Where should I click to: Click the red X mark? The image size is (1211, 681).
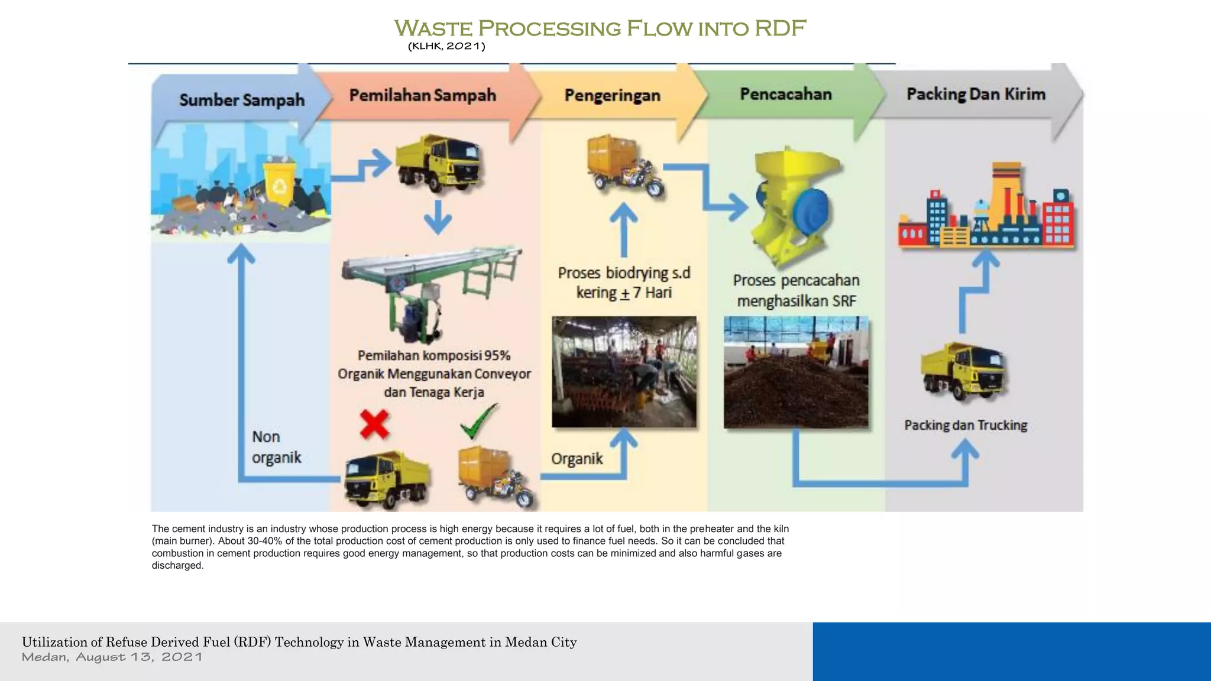374,424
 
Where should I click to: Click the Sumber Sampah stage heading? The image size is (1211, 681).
242,100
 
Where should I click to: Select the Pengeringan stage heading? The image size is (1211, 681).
612,95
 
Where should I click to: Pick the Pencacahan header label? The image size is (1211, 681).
786,94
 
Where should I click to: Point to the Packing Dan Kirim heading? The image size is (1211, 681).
976,94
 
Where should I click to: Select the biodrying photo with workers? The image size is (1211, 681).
624,371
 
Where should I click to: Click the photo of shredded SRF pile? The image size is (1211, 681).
796,372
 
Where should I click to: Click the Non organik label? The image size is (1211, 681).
276,447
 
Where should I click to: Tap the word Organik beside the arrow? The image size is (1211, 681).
577,459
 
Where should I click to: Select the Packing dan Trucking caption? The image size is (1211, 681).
966,425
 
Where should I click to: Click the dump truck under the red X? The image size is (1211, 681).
387,479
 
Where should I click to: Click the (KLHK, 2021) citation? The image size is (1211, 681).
446,46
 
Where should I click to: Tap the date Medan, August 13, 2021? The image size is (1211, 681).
112,657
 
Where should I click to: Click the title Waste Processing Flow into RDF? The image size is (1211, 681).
600,28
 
